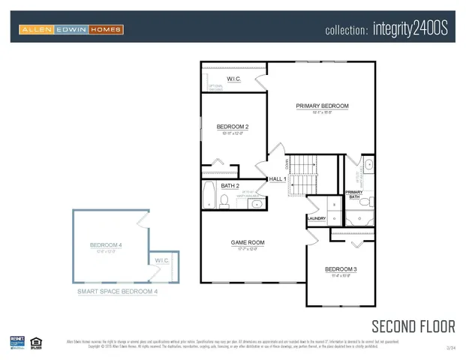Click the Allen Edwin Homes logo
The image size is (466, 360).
[71, 29]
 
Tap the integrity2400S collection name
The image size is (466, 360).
[386, 30]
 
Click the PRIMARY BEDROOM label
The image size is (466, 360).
[322, 106]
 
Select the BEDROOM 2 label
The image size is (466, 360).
[232, 127]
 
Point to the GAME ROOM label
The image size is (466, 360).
[247, 242]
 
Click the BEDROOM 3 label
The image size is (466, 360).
[341, 269]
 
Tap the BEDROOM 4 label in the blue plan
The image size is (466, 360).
[105, 245]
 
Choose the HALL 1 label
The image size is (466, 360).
[278, 179]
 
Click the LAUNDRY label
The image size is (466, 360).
[317, 219]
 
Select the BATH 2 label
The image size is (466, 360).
[230, 185]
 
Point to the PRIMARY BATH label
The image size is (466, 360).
[353, 194]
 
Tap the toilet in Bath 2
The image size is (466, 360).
[224, 200]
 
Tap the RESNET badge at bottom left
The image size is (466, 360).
[17, 343]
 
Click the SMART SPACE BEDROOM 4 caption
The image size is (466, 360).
[117, 291]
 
